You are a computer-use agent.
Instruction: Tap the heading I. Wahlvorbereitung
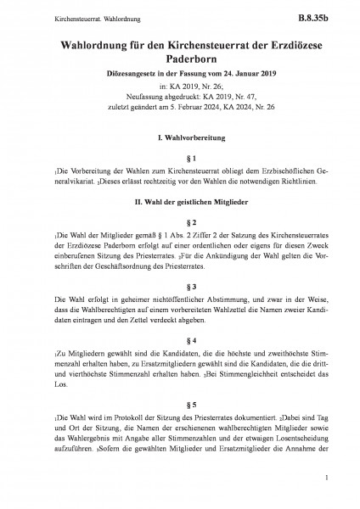coord(179,137)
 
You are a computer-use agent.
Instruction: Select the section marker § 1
coord(179,159)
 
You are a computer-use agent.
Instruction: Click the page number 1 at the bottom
coord(326,479)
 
